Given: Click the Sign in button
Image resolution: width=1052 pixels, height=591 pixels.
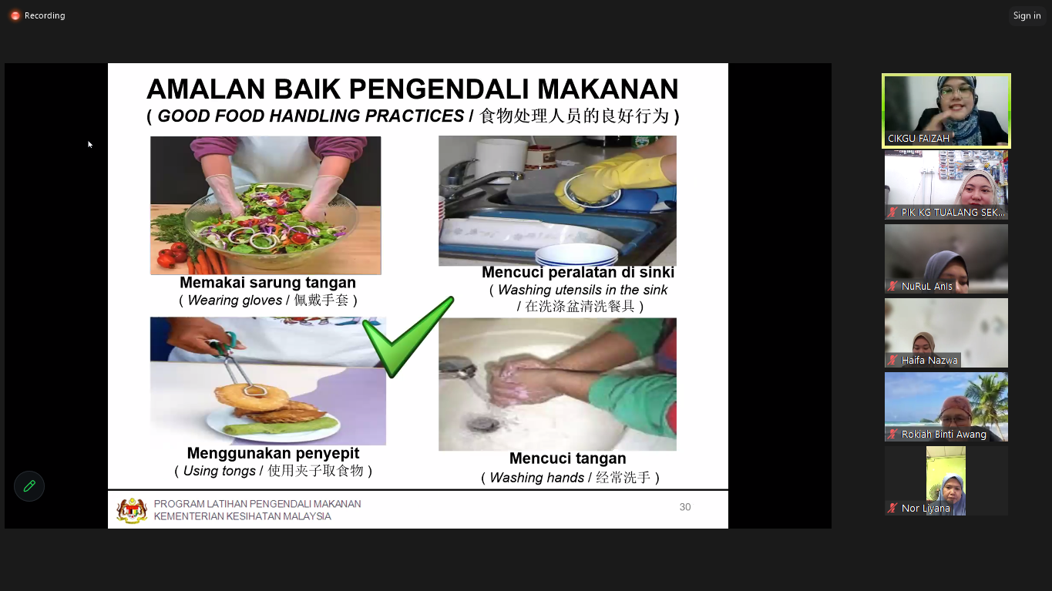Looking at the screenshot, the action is tap(1027, 15).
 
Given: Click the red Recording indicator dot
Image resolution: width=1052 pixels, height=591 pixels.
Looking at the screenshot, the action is tap(15, 15).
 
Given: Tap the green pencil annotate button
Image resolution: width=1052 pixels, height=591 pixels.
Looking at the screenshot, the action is tap(29, 486).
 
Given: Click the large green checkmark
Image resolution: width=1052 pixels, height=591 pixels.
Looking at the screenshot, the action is tap(408, 337).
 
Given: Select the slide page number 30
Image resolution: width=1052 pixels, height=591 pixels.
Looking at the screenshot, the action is tap(684, 507).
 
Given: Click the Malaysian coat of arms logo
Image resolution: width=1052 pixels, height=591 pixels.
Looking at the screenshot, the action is tap(132, 510).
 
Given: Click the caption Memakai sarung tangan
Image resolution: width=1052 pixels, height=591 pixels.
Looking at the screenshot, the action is tap(267, 283).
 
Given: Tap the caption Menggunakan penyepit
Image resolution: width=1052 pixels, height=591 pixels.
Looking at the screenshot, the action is tap(273, 454).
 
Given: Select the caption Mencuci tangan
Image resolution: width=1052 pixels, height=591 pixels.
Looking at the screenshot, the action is tap(567, 458).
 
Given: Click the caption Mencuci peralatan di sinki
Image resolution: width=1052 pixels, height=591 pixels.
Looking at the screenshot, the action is tap(578, 272).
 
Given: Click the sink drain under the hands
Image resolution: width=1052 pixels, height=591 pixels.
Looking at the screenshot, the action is tap(483, 425).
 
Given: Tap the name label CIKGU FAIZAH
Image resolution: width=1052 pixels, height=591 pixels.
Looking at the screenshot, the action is tap(918, 139).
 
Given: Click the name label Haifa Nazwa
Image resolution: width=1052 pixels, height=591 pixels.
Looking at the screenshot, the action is tap(929, 361).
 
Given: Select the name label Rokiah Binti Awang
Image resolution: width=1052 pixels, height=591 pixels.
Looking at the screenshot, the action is tap(943, 435).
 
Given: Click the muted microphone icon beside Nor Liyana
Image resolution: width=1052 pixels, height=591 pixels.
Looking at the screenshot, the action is tap(892, 508).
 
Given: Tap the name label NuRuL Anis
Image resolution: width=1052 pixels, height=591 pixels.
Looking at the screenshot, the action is tap(926, 287).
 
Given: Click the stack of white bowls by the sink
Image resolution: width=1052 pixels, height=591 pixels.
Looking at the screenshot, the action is tap(576, 255).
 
